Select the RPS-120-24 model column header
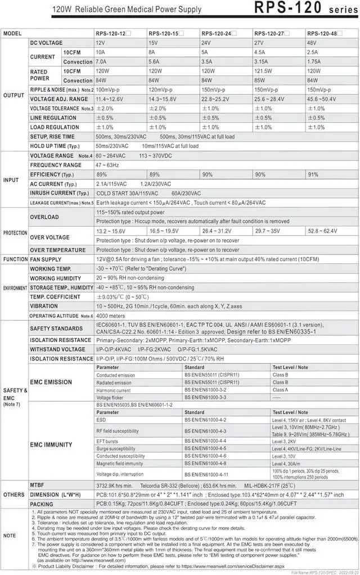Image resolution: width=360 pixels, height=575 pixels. click(x=218, y=34)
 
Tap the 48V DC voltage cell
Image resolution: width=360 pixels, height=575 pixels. click(x=313, y=43)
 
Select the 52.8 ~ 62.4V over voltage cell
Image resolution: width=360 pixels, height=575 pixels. click(x=322, y=231)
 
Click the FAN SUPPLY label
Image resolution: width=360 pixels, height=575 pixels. click(x=46, y=259)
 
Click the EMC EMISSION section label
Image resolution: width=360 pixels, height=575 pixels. click(x=51, y=383)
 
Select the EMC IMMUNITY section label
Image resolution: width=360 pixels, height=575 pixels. click(x=51, y=444)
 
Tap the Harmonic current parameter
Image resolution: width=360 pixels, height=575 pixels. click(x=113, y=390)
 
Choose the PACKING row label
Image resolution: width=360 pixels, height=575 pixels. click(x=42, y=504)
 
